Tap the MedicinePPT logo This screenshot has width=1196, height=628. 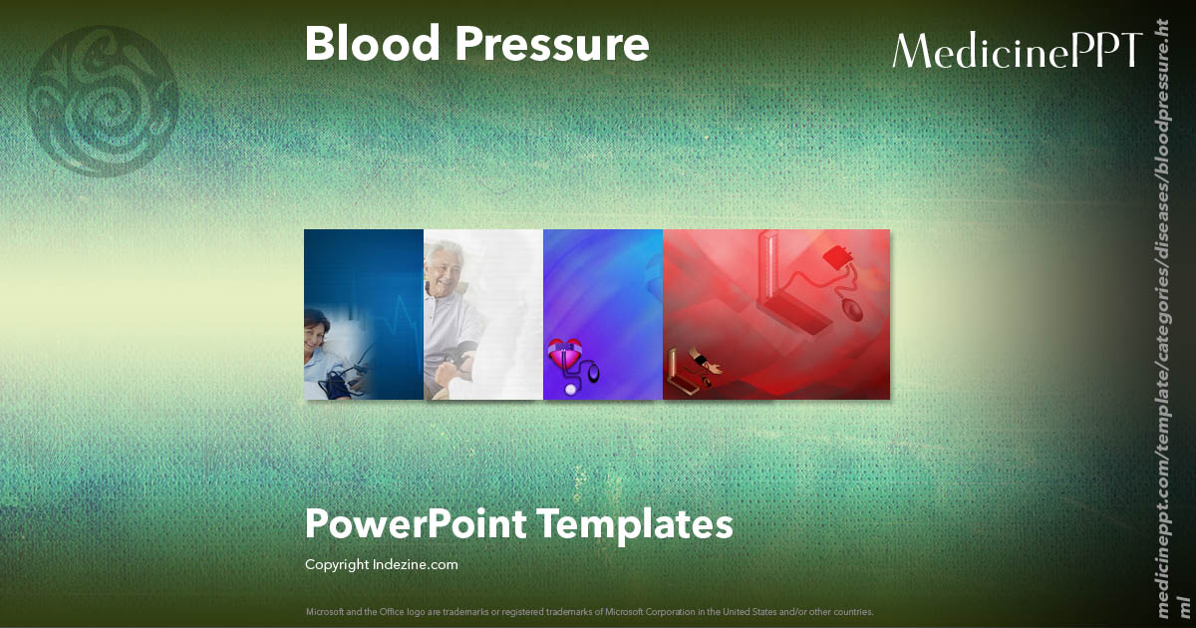[x=1017, y=50]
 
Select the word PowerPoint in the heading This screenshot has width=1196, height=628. [x=417, y=524]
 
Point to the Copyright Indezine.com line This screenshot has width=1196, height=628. [x=381, y=564]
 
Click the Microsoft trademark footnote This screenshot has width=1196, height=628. [x=589, y=611]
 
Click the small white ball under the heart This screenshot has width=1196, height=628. [x=571, y=389]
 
